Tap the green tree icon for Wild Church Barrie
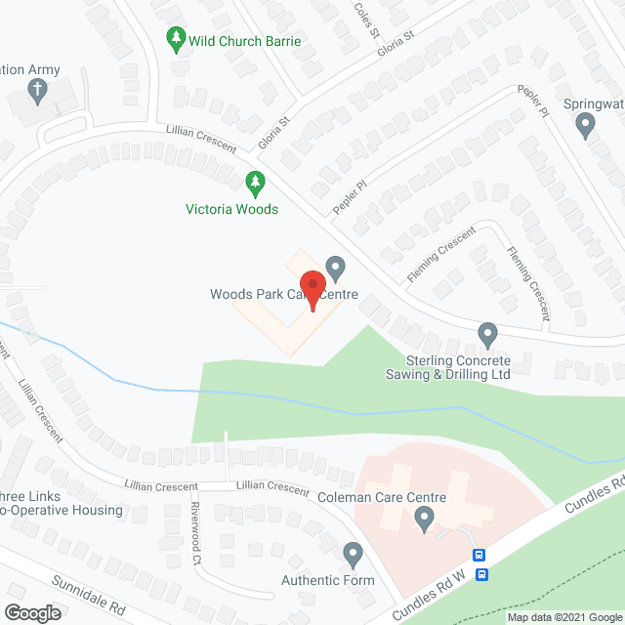coord(176,40)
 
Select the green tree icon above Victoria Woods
coord(254,183)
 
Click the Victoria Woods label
coord(232,209)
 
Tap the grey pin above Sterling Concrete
coord(487,336)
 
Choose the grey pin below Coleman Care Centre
coord(423,522)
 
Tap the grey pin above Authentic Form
coord(353,556)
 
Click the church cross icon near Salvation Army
coord(37,92)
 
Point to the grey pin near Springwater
coord(585,125)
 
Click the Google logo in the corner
coord(32,612)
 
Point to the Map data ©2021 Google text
coord(563,617)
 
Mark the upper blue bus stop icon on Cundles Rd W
coord(479,555)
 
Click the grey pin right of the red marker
coord(335,267)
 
